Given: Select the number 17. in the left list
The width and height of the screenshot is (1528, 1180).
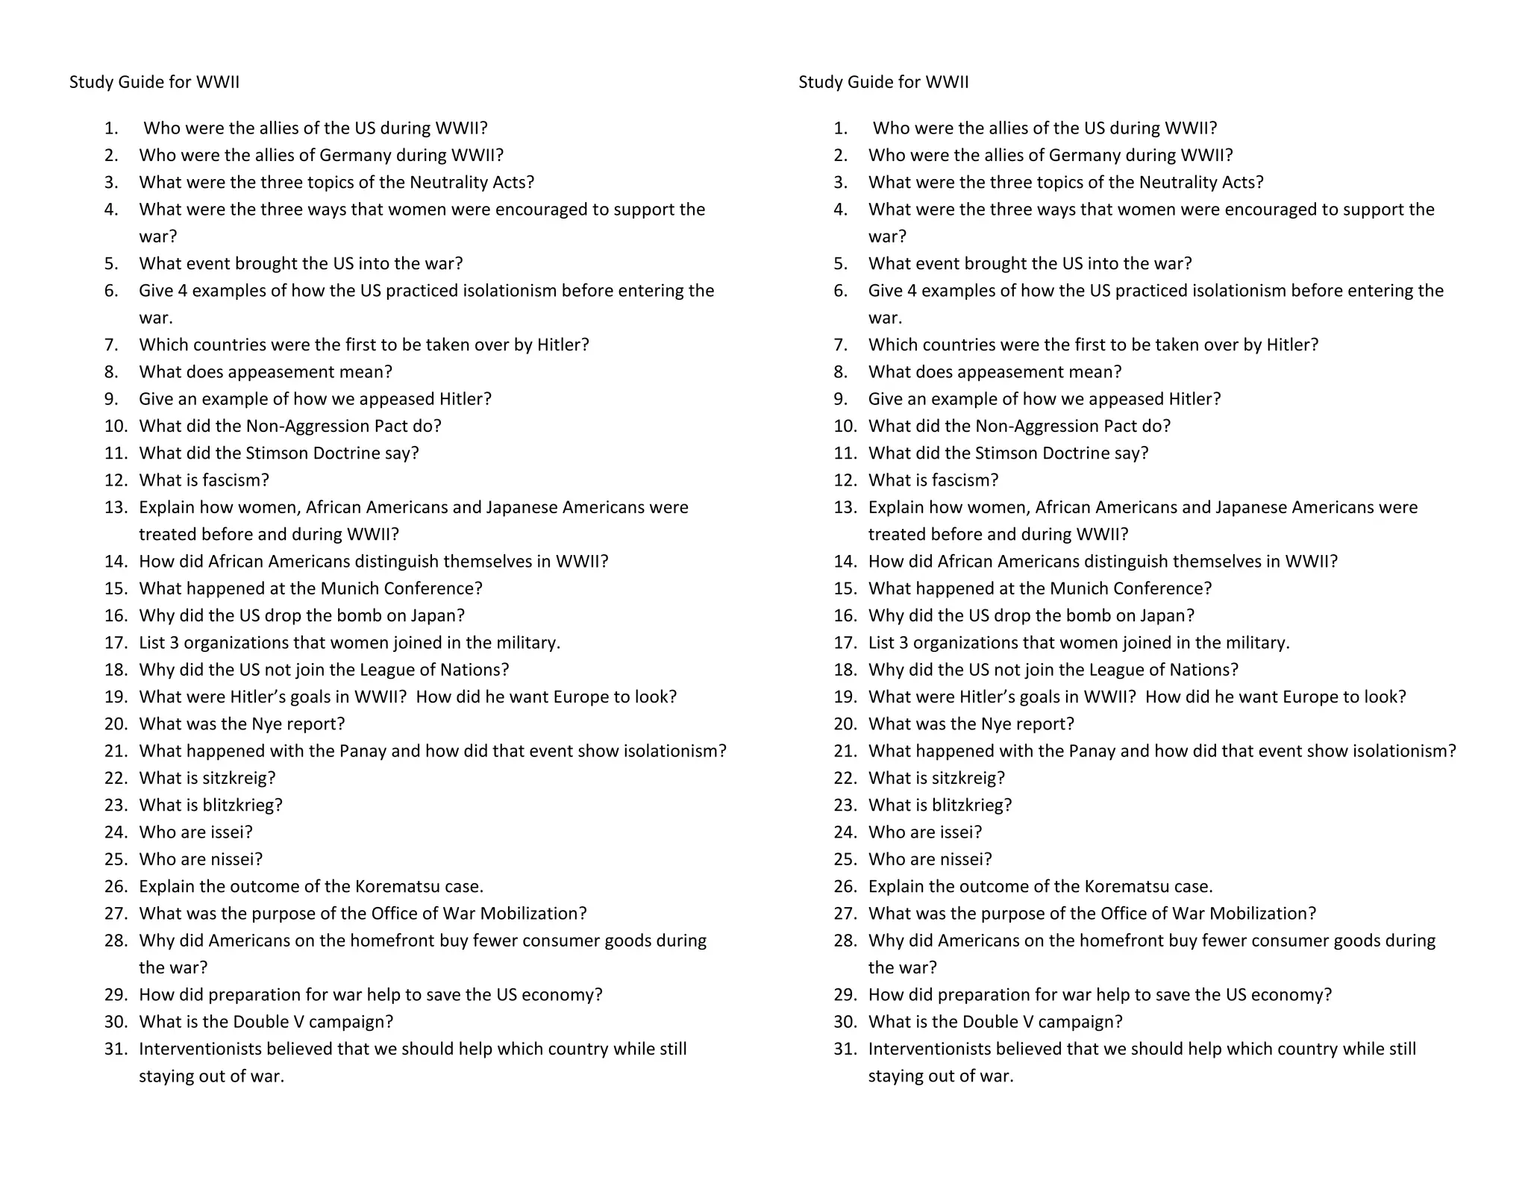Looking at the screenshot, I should pos(116,643).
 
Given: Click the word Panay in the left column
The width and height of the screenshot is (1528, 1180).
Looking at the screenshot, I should pos(363,751).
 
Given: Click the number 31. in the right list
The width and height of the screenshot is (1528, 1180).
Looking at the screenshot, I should pos(846,1049).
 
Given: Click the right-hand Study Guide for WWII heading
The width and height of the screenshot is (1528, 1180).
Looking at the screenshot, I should pos(883,82).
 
